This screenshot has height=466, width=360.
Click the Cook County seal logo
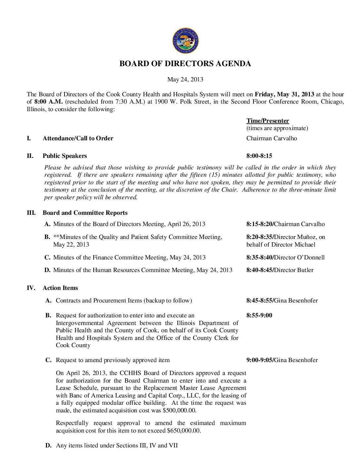[185, 41]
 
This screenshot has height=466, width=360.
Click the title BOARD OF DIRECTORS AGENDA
[185, 64]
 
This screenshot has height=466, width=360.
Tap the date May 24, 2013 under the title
[185, 79]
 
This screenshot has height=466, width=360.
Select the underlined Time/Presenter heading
[267, 121]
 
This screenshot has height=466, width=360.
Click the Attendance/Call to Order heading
[78, 138]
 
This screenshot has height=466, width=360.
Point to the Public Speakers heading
[65, 156]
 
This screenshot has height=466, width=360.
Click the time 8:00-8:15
[259, 156]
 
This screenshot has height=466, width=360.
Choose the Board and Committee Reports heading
[85, 213]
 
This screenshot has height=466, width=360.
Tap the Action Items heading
[60, 288]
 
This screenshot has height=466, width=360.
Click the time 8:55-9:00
[259, 315]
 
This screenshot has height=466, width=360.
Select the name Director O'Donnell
[299, 257]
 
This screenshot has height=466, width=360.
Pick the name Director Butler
[294, 270]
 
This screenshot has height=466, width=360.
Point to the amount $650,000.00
[184, 431]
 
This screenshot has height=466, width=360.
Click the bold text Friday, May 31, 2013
[284, 94]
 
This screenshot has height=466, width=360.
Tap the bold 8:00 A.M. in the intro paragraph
[48, 102]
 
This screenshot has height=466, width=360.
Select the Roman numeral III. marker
[31, 213]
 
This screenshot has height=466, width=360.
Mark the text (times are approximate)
[277, 128]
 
